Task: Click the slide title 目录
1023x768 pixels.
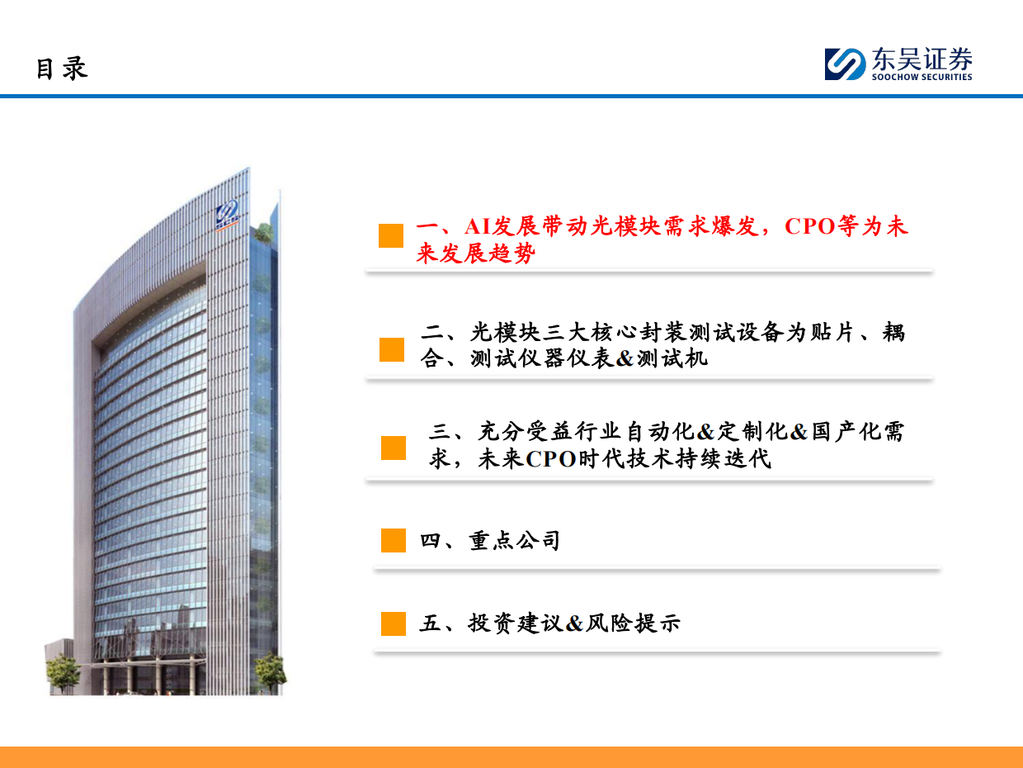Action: (x=61, y=68)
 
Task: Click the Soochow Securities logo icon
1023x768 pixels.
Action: (x=844, y=64)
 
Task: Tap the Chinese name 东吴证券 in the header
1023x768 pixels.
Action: (x=922, y=59)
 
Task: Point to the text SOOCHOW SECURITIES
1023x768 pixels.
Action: (x=922, y=78)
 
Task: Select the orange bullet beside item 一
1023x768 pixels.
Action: (x=391, y=235)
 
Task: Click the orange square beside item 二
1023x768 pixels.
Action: (x=392, y=349)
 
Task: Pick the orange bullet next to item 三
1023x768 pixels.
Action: (x=394, y=448)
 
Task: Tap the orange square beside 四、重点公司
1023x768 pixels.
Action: (x=394, y=541)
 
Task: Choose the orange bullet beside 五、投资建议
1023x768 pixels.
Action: (x=394, y=623)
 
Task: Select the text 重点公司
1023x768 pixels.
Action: (x=515, y=541)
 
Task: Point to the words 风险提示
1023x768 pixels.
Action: (x=633, y=623)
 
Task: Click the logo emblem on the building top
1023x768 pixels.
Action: (x=228, y=213)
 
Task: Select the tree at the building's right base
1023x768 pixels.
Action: (x=269, y=671)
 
